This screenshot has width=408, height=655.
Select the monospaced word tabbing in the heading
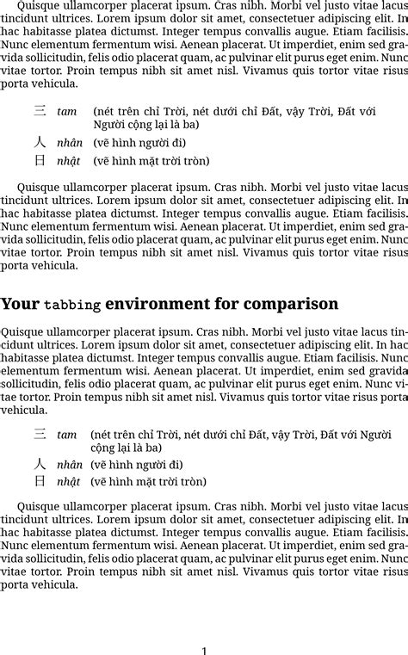(x=72, y=305)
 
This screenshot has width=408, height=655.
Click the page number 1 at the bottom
(x=204, y=651)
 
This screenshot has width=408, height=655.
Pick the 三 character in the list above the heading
(x=40, y=111)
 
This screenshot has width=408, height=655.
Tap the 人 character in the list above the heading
(x=40, y=143)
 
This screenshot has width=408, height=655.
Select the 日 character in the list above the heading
(x=40, y=160)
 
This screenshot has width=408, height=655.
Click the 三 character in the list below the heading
(x=40, y=434)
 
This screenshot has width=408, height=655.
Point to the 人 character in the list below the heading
(x=40, y=464)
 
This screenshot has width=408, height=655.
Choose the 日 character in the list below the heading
(x=40, y=481)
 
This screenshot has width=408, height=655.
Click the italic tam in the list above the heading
(x=66, y=112)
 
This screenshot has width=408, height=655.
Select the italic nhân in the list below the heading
(x=70, y=465)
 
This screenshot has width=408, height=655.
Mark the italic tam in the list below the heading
(x=66, y=435)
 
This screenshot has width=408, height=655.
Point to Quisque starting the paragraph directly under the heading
(x=23, y=331)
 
